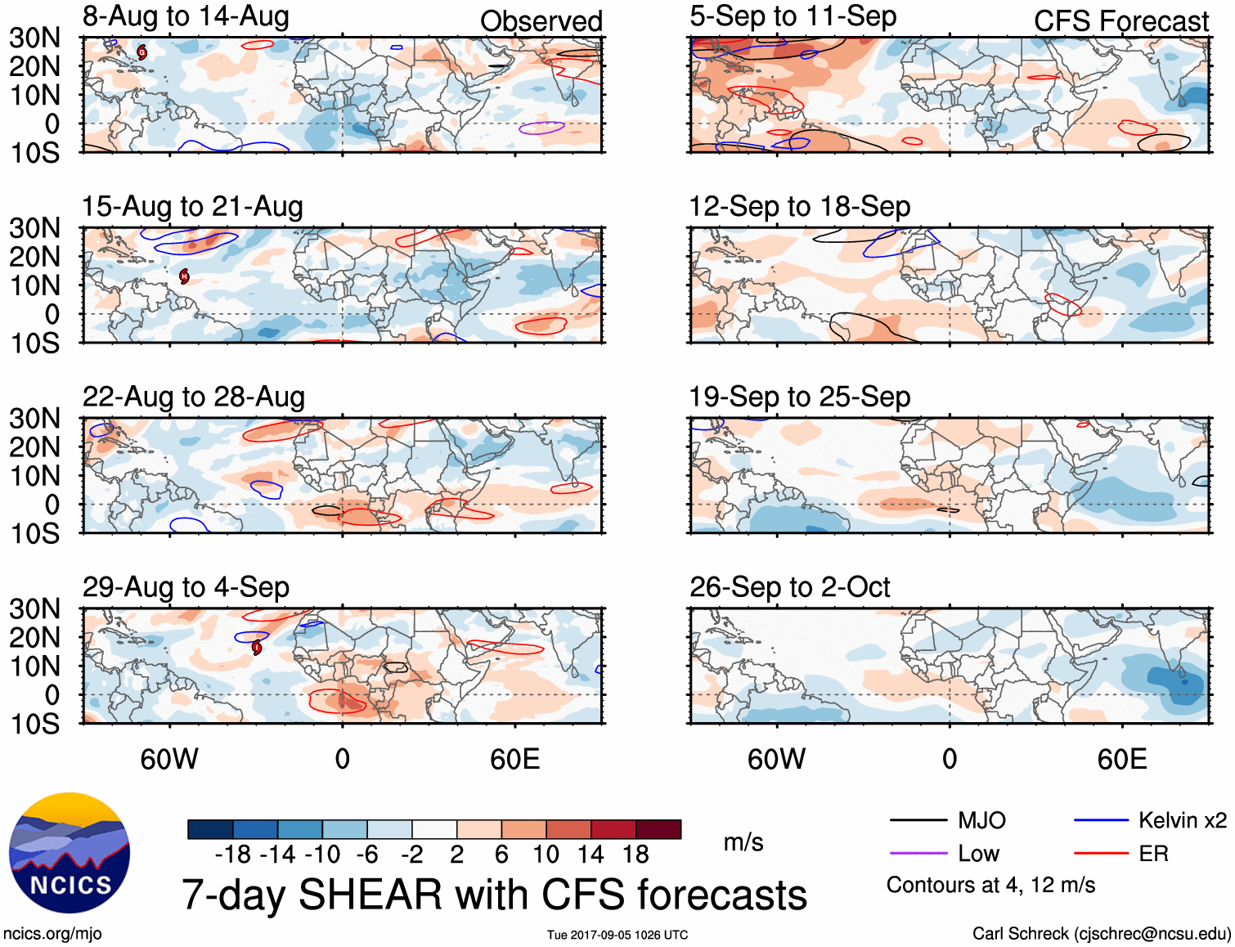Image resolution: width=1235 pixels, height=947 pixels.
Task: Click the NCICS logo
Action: pos(70,853)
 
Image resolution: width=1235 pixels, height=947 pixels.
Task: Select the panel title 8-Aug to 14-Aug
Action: pos(186,17)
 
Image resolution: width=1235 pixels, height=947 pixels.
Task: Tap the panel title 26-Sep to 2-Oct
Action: pos(789,587)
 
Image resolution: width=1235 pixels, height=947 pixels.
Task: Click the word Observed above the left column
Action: pos(541,21)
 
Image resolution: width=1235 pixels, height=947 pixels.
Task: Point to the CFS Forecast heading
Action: pos(1120,21)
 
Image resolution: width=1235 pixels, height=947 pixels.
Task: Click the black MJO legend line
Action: pos(918,820)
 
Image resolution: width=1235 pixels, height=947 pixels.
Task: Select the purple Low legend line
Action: pos(918,854)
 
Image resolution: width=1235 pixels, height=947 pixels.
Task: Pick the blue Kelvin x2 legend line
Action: pos(1101,820)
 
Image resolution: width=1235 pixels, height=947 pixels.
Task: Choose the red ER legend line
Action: pos(1101,854)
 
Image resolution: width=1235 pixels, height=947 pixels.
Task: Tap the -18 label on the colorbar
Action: pos(232,855)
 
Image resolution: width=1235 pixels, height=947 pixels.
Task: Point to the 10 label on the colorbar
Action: pos(546,855)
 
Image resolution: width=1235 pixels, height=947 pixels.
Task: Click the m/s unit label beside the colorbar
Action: pos(743,842)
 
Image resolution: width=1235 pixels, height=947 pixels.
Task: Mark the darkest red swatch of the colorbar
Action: pos(658,829)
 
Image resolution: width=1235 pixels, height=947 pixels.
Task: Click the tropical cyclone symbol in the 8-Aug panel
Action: pos(142,52)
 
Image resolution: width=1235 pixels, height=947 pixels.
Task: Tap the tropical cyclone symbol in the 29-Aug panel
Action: pos(257,648)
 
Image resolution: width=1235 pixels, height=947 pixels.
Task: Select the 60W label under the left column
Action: pos(169,759)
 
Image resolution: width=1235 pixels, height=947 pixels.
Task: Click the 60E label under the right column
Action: pos(1121,759)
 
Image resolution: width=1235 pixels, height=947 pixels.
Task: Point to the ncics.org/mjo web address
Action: pos(52,934)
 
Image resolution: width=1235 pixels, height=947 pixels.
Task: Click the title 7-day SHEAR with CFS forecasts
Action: pos(494,894)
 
